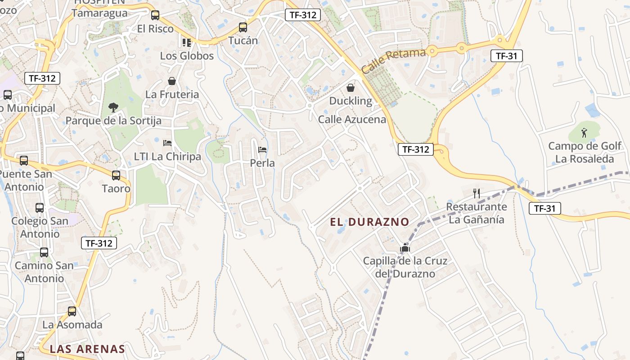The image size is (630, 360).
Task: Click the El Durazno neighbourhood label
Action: [x=369, y=222]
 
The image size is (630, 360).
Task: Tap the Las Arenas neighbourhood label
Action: [x=87, y=349]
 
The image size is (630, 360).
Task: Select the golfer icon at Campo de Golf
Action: [x=584, y=133]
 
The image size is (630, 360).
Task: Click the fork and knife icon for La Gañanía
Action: [x=477, y=193]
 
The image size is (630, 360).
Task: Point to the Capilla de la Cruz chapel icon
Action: [x=405, y=247]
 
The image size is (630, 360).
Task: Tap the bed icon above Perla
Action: [x=262, y=149]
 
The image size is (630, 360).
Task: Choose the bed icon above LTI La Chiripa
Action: [x=167, y=143]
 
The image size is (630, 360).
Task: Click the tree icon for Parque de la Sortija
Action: [x=113, y=107]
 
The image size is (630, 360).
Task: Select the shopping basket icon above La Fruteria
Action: [x=172, y=81]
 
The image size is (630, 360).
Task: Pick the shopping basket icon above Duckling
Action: [x=351, y=88]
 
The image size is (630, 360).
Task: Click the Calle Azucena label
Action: [x=352, y=119]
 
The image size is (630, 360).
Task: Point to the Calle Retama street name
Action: [x=393, y=61]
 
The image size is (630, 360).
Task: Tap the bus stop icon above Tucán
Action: [x=243, y=27]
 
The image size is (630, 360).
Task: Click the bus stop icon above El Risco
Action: [x=155, y=15]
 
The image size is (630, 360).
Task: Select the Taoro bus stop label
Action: [x=116, y=188]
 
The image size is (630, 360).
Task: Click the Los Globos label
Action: [x=187, y=56]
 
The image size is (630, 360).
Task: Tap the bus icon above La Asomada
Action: [x=72, y=311]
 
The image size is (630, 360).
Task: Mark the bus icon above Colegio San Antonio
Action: [x=40, y=207]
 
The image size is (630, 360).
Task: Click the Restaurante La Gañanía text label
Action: [x=477, y=213]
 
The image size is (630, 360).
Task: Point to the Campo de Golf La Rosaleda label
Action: [x=585, y=153]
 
